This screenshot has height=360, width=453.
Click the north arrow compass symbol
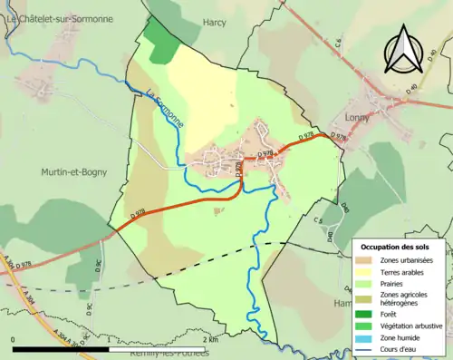[x=400, y=49]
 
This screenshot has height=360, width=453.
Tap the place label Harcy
[x=215, y=22]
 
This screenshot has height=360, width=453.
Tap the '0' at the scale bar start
[x=14, y=339]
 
